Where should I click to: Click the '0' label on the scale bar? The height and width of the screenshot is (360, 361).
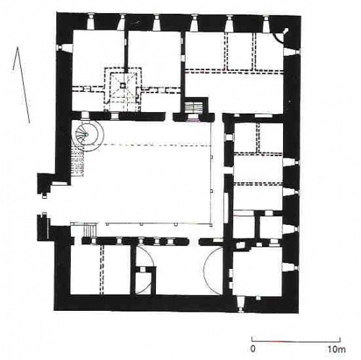coord(253,349)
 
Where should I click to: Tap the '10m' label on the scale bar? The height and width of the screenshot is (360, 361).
coord(336,349)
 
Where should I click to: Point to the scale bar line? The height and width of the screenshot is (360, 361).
coord(296,341)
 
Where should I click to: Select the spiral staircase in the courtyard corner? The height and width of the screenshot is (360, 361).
coord(87,135)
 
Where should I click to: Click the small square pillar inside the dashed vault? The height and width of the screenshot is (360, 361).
coord(123,85)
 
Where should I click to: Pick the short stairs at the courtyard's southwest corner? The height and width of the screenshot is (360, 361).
coord(90,230)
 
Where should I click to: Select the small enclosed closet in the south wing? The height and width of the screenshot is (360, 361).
coord(143,282)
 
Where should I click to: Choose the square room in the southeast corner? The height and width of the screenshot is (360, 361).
coord(258,272)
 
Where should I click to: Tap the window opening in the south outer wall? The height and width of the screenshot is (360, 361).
coord(240,304)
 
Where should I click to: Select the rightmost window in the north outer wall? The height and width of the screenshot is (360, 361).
coord(266,23)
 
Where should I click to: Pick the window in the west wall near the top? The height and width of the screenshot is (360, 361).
coord(64,47)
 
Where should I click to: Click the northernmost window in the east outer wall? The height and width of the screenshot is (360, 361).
coord(292,52)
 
